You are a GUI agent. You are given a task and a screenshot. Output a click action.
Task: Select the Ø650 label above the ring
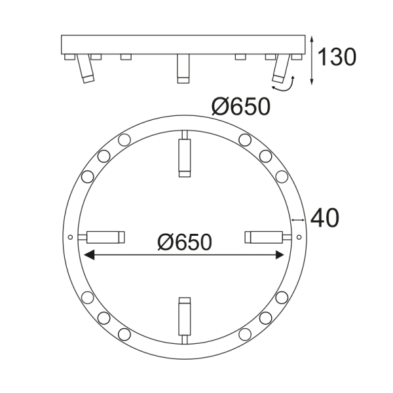[x=242, y=106]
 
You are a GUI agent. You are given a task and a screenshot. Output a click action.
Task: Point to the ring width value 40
[x=324, y=218]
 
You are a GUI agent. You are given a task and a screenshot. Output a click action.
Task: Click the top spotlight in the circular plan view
[x=185, y=155]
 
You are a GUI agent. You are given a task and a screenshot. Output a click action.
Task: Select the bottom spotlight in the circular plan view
[x=185, y=318]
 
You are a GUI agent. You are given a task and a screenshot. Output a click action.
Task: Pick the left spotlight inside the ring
[x=103, y=236]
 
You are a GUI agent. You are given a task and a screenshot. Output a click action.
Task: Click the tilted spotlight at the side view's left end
[x=84, y=69]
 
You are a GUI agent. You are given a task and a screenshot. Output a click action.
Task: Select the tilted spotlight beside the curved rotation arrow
[x=282, y=69]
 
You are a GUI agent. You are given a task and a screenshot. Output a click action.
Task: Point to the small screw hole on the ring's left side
[x=70, y=236]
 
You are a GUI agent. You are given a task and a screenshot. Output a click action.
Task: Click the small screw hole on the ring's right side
[x=299, y=236]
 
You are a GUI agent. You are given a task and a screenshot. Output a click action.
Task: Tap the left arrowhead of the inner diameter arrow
[x=88, y=255]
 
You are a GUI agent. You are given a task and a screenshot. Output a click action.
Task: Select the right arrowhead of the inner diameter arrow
[x=282, y=255]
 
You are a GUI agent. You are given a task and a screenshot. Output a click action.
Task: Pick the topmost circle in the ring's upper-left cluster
[x=124, y=139]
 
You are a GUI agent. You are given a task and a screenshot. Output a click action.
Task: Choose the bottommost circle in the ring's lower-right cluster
[x=244, y=333]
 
